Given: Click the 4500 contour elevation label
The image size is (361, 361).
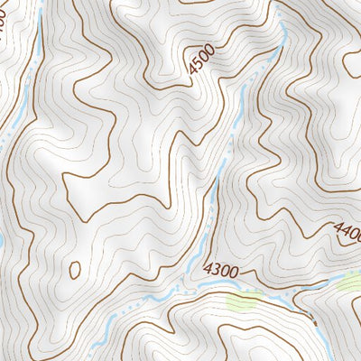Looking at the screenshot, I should (204, 62).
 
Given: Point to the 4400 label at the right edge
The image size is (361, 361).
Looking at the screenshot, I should (347, 230).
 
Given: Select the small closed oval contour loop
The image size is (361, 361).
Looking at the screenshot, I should (75, 269).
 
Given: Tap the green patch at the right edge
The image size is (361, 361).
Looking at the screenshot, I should (350, 282).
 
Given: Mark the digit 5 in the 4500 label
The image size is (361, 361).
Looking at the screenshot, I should (199, 66).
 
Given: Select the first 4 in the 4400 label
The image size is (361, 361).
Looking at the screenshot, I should (338, 226).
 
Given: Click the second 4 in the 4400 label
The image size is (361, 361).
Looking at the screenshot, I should (345, 229).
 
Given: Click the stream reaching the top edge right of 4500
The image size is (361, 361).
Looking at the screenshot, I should (282, 27).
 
